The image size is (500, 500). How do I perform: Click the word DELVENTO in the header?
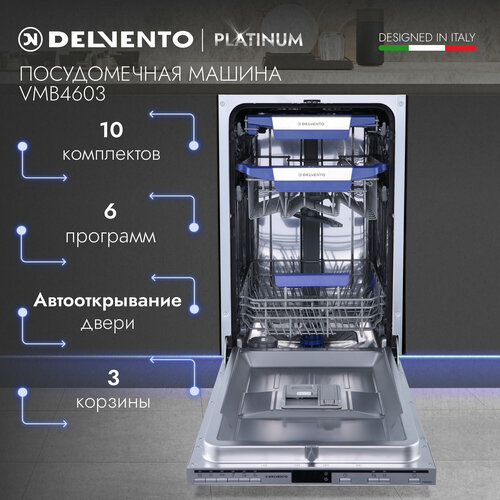pos(118,39)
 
